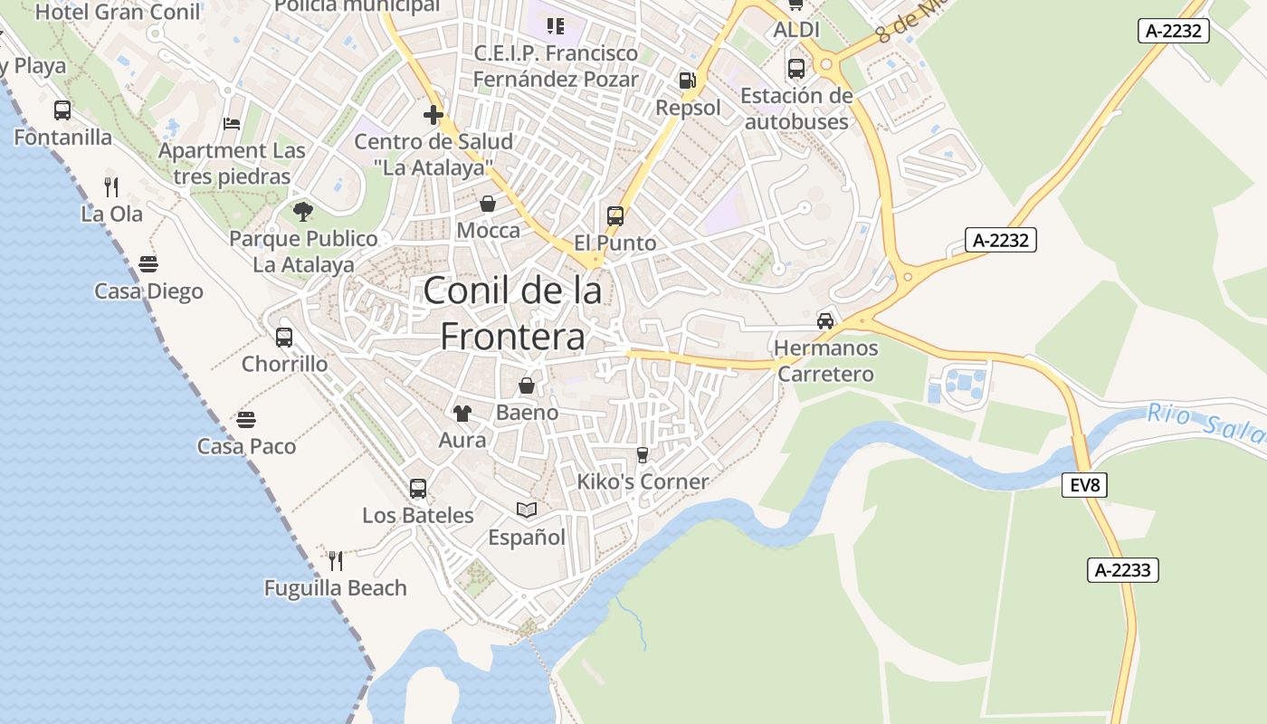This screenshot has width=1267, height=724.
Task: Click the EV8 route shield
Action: (1084, 485)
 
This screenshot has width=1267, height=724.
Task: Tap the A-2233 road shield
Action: (1122, 570)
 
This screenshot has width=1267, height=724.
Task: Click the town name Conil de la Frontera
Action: (512, 314)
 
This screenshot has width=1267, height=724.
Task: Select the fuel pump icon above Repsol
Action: (688, 81)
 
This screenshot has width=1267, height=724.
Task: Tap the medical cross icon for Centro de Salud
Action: (433, 115)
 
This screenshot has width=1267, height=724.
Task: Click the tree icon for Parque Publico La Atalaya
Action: (303, 212)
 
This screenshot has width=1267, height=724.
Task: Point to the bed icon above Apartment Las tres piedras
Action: (232, 124)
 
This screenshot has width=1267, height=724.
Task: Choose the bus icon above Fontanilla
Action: (62, 110)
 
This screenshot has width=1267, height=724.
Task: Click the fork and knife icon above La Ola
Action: (111, 187)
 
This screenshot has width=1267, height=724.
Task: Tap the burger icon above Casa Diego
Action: (148, 264)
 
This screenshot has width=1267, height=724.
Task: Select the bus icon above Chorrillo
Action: (284, 338)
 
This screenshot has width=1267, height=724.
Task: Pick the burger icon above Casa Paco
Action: (246, 420)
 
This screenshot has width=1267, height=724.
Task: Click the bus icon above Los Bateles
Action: (418, 489)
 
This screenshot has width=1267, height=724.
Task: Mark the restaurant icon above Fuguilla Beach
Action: (336, 561)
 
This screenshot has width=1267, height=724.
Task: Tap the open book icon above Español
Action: (527, 510)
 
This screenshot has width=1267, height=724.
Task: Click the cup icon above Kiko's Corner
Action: (643, 454)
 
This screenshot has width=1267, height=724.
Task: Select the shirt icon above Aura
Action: (462, 414)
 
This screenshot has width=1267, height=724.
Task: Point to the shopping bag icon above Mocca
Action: (488, 204)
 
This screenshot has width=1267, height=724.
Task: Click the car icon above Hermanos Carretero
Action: (825, 320)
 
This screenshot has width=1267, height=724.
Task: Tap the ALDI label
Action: (796, 30)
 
